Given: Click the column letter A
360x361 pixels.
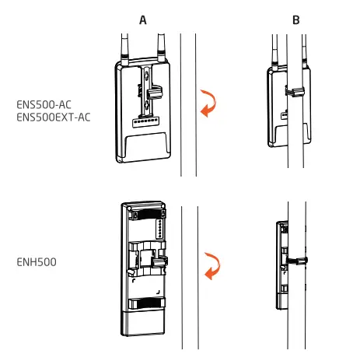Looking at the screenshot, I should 143,19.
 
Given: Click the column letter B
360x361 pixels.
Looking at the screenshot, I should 296,19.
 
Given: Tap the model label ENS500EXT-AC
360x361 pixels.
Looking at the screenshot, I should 51,116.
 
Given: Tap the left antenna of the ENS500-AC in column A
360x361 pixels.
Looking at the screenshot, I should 123,48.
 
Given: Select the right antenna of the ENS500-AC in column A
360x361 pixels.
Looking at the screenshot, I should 162,48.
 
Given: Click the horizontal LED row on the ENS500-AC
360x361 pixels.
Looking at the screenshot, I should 142,123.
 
